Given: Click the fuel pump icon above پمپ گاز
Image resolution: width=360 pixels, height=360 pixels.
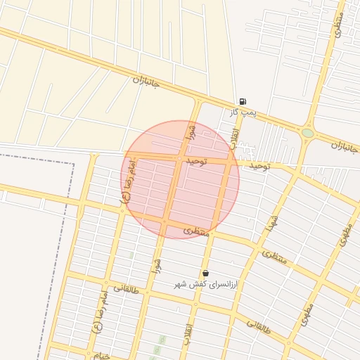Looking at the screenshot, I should tap(243, 101).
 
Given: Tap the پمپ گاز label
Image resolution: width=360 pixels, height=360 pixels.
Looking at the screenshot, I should tap(243, 112).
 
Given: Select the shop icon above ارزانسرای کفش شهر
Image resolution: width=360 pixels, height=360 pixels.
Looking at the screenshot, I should tap(205, 273).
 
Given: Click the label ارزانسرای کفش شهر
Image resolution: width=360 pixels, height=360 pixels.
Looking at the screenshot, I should tap(207, 284).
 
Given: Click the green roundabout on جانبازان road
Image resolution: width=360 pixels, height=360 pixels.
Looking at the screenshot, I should tap(307, 133).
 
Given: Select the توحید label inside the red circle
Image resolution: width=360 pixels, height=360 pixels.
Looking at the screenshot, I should tap(196, 161).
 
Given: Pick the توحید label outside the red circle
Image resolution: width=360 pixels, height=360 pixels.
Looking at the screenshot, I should tap(259, 165).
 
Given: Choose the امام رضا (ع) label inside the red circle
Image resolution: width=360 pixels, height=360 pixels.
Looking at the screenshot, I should tap(130, 179).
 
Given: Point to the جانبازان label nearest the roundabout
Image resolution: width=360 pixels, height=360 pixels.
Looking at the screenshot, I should tap(345, 148).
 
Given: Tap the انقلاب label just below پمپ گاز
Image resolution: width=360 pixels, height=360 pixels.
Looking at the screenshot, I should tap(235, 134).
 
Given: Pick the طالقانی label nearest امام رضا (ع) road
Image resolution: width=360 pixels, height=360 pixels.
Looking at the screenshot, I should tap(126, 288).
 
